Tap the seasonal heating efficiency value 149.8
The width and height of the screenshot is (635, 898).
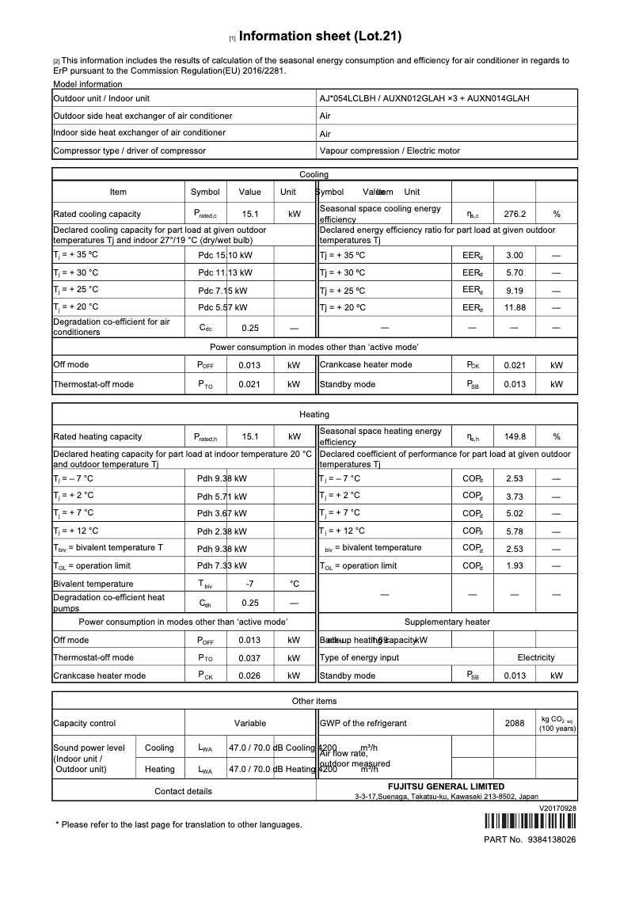(515, 436)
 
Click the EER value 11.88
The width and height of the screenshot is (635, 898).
(515, 307)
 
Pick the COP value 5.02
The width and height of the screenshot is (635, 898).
(515, 513)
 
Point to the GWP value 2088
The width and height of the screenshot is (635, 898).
(515, 723)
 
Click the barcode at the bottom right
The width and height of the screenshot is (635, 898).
(530, 821)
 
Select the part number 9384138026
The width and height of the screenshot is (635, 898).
(551, 839)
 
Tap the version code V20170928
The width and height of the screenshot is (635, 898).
(558, 808)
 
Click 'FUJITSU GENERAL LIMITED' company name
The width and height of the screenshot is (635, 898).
(447, 786)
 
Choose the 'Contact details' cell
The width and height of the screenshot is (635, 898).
(183, 791)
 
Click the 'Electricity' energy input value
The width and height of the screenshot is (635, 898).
(536, 657)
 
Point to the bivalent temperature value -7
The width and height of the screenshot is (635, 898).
(249, 584)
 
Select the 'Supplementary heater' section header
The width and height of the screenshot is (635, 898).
(447, 622)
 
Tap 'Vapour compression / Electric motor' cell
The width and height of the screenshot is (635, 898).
(390, 150)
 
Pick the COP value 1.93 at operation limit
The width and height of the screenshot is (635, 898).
(515, 566)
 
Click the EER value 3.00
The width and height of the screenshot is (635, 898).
(515, 256)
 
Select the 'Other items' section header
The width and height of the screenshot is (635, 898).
(314, 701)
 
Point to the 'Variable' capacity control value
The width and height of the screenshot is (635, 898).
(250, 723)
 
